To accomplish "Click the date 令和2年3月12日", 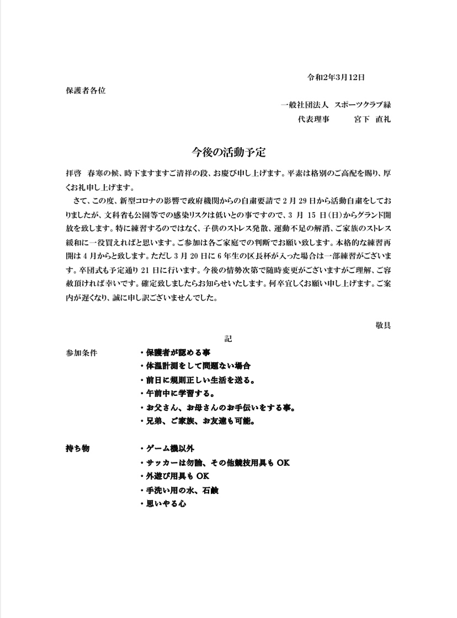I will pos(336,77).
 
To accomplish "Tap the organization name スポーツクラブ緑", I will pos(363,105).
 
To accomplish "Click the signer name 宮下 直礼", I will pos(373,119).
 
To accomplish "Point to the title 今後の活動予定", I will pos(228,151).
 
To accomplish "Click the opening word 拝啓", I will pos(73,173).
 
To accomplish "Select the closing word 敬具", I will pos(384,325).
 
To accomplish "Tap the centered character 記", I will pos(228,338).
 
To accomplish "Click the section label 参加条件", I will pos(81,352).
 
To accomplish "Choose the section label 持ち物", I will pos(77,448).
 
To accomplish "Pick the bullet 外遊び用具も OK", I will pos(177,476).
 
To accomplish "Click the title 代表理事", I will pos(313,119).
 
